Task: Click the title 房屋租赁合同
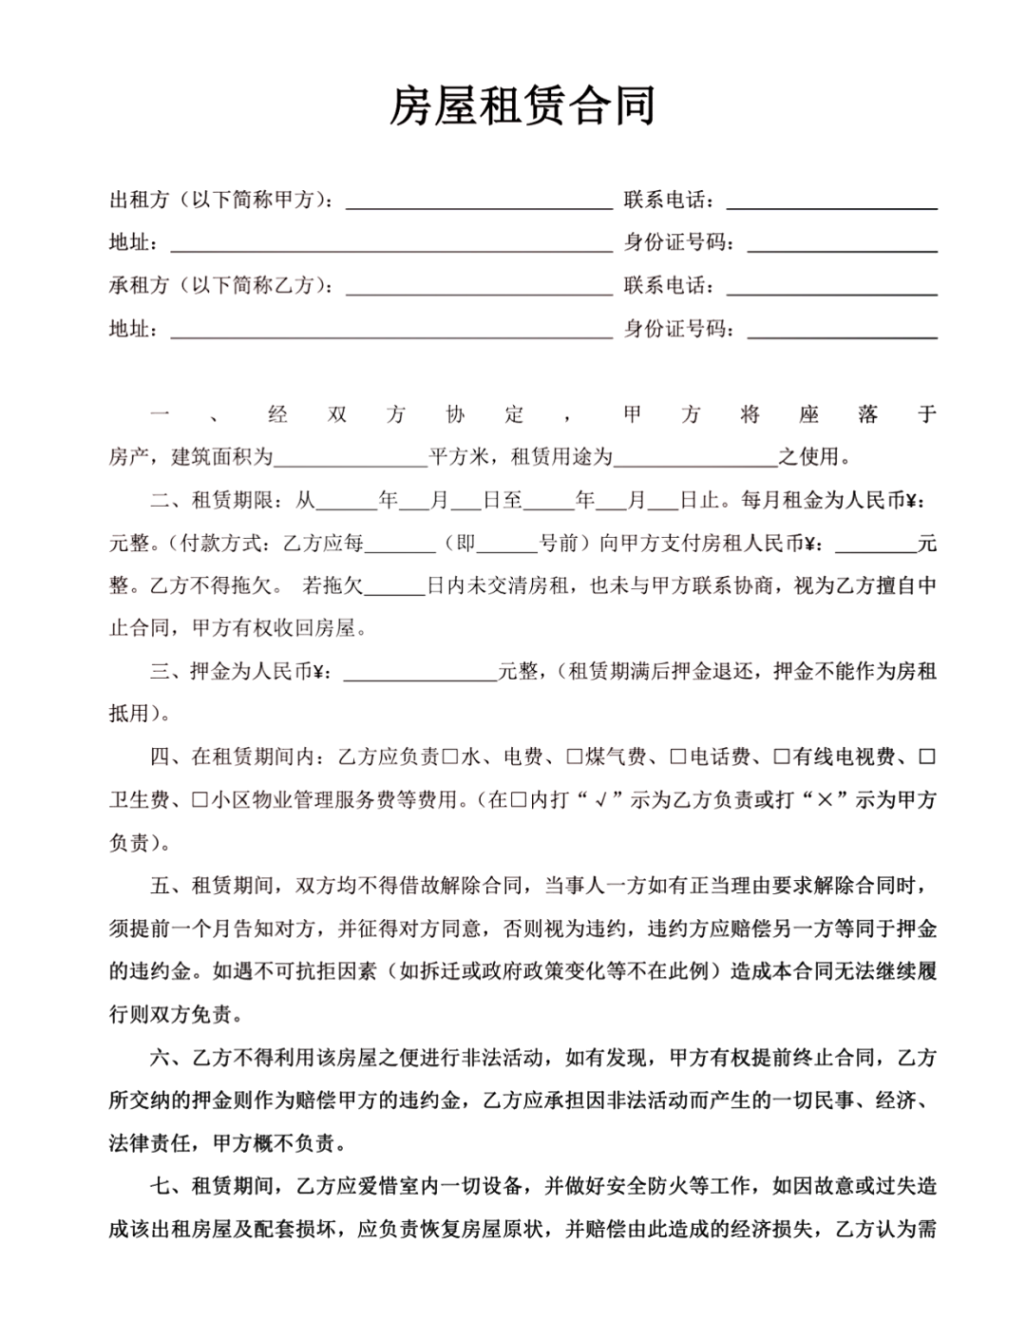coord(522,105)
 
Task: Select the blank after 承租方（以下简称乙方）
coord(479,286)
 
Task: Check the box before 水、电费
coord(450,757)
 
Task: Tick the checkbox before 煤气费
coord(575,757)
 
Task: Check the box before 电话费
coord(678,757)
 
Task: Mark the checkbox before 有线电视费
coord(782,757)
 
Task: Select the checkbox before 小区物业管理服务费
coord(199,800)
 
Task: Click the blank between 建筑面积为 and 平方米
coord(351,458)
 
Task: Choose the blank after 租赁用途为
coord(695,458)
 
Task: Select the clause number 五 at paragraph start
coord(160,887)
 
